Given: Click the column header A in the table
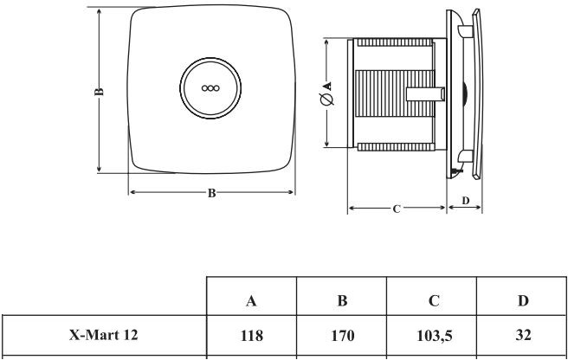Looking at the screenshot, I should pyautogui.click(x=251, y=300).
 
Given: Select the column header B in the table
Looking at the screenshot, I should pyautogui.click(x=341, y=300).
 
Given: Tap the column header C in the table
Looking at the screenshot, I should pyautogui.click(x=432, y=300).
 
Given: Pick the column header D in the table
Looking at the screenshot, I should pyautogui.click(x=522, y=300).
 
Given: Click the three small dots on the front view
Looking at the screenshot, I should pyautogui.click(x=210, y=87).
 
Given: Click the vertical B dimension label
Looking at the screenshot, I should pyautogui.click(x=100, y=91).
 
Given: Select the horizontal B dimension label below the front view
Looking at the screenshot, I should pyautogui.click(x=211, y=192).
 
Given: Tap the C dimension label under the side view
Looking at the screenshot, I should pyautogui.click(x=396, y=209).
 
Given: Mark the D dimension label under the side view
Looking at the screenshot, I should pyautogui.click(x=466, y=200).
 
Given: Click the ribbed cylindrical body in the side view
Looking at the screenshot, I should pyautogui.click(x=381, y=95).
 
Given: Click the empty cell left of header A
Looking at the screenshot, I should pyautogui.click(x=103, y=300).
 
